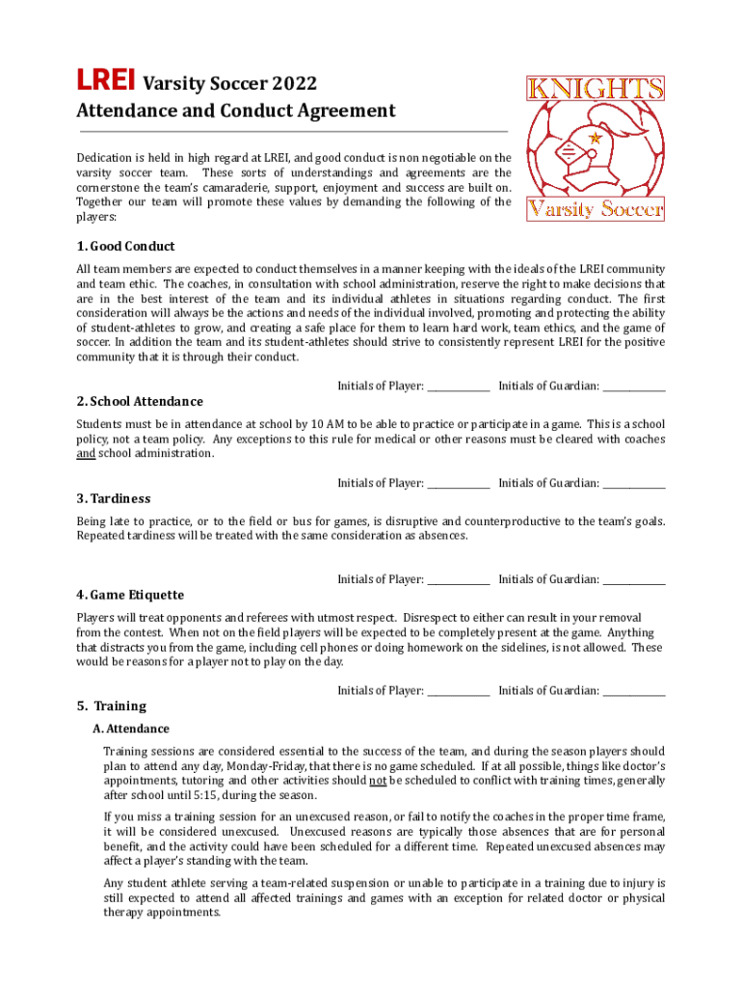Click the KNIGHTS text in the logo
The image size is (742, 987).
pos(596,89)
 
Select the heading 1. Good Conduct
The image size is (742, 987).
pos(125,246)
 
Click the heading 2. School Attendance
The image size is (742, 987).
pos(140,401)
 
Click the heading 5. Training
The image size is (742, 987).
pos(112,706)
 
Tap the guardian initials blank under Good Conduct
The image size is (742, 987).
pos(634,387)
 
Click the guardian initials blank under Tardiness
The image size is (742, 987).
pos(634,580)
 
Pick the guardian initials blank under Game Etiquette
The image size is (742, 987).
pos(634,691)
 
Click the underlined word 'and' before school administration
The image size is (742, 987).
pos(86,454)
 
